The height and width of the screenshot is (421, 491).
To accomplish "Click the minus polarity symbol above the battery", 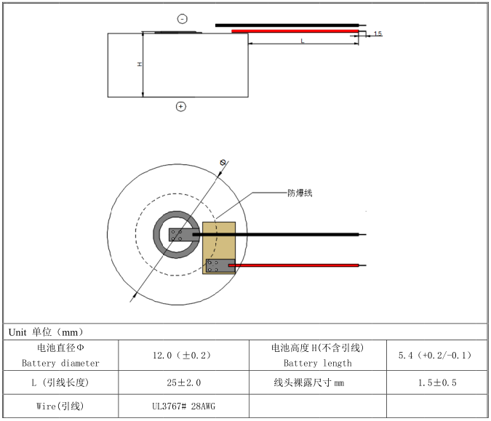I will click(182, 19).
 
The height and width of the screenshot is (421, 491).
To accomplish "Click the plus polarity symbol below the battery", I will click(181, 106).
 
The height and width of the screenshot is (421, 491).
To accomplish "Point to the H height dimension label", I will click(139, 65).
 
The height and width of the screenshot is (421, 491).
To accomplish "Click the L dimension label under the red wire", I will click(303, 41).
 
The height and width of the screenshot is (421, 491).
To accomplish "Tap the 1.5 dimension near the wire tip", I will click(378, 34).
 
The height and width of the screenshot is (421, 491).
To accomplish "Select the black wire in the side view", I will click(287, 25).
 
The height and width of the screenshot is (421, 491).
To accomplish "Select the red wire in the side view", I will click(295, 31).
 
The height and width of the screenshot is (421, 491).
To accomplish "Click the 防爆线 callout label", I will click(299, 193).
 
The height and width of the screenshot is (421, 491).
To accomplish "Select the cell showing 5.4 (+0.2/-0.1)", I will click(434, 356).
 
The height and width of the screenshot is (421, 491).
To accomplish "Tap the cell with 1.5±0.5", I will click(434, 382).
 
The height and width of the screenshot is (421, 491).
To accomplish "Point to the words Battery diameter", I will click(60, 363).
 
